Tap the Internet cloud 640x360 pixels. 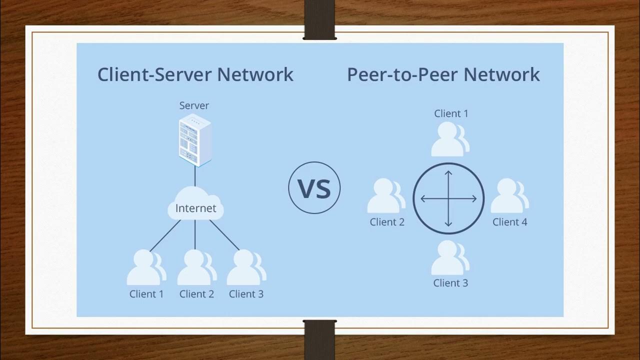(x=195, y=203)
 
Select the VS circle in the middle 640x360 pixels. (x=314, y=188)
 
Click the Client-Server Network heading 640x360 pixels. (x=195, y=74)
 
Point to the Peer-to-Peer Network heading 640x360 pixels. (x=443, y=74)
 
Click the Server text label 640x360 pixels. (x=194, y=105)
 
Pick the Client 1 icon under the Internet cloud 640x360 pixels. (x=145, y=268)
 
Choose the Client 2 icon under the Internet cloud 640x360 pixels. (x=195, y=268)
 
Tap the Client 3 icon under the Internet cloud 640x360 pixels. (x=245, y=268)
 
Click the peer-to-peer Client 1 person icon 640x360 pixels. (x=449, y=139)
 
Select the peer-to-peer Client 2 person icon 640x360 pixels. (x=385, y=196)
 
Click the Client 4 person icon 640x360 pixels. (x=508, y=196)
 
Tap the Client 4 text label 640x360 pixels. (x=509, y=222)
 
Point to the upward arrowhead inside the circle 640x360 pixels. (x=448, y=173)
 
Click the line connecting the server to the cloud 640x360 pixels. (x=195, y=176)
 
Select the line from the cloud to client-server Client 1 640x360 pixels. (x=165, y=235)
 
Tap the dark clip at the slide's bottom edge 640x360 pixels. (x=319, y=340)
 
